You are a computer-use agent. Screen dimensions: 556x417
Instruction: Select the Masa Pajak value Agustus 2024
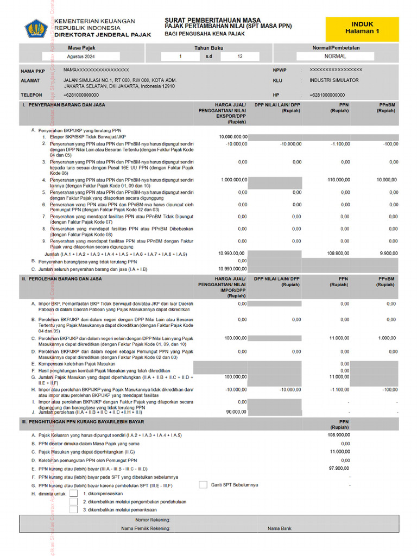[x=81, y=56]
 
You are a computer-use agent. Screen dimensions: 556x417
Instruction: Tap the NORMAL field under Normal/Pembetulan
[x=335, y=56]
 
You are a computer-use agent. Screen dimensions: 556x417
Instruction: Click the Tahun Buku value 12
[x=240, y=56]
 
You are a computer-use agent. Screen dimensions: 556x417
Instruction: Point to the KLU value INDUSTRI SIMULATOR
[x=334, y=80]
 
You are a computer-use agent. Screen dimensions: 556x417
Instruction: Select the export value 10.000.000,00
[x=233, y=137]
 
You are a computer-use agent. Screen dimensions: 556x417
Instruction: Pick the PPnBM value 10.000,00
[x=387, y=179]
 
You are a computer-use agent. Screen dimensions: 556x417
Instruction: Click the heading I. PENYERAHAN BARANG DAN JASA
[x=64, y=105]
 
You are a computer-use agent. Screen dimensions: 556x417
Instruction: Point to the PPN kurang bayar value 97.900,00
[x=339, y=468]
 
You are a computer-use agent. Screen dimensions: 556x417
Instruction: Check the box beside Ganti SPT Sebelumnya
[x=203, y=484]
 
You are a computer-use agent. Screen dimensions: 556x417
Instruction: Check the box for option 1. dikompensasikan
[x=73, y=494]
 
